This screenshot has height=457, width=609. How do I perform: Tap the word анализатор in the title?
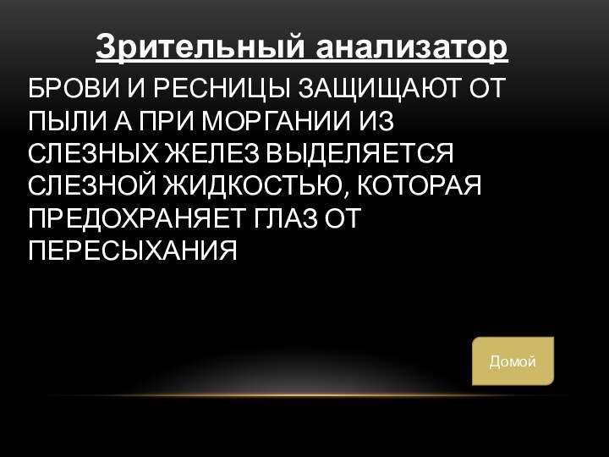click(412, 47)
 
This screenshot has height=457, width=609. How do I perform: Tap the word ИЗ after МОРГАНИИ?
click(377, 121)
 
